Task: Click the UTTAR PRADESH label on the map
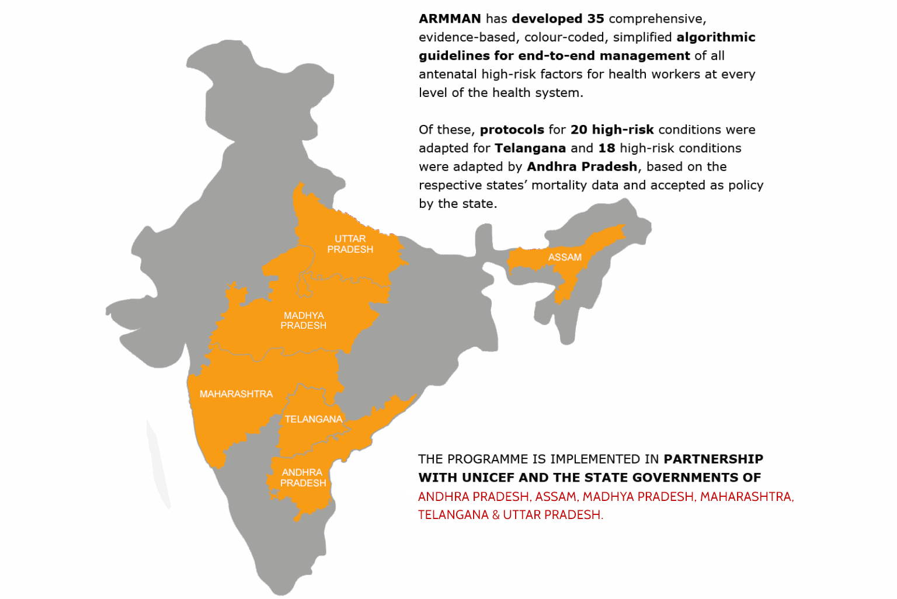click(350, 244)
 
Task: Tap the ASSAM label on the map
click(565, 257)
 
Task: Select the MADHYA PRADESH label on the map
click(303, 321)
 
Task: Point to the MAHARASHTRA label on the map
click(236, 394)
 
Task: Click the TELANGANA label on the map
click(314, 419)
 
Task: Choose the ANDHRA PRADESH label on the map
click(303, 478)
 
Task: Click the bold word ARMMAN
click(450, 19)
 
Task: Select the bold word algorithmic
click(716, 37)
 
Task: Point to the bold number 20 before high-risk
click(579, 130)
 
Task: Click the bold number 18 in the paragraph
click(607, 148)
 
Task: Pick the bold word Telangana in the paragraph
click(530, 148)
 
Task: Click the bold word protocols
click(512, 130)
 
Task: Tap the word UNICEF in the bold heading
click(488, 478)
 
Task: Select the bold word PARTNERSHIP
click(713, 459)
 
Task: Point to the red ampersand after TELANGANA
click(496, 515)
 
